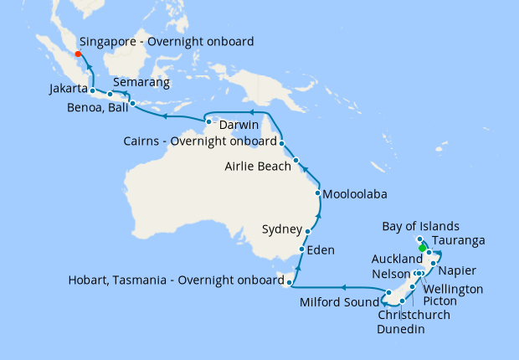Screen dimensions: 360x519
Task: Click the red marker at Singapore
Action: coord(78,55)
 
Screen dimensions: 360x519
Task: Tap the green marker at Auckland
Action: coord(422,247)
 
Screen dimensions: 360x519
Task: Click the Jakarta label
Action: coord(69,88)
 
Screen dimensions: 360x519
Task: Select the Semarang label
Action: coord(141,83)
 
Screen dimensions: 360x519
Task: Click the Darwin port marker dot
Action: coord(209,124)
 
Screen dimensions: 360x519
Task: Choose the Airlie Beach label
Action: coord(258,167)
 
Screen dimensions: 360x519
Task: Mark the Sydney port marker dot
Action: coord(309,231)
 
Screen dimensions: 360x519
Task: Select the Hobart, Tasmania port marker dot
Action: coord(288,285)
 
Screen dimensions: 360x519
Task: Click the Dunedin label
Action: coord(401,329)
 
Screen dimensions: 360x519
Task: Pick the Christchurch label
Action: coord(414,315)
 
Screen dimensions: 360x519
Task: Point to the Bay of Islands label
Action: coord(420,226)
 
